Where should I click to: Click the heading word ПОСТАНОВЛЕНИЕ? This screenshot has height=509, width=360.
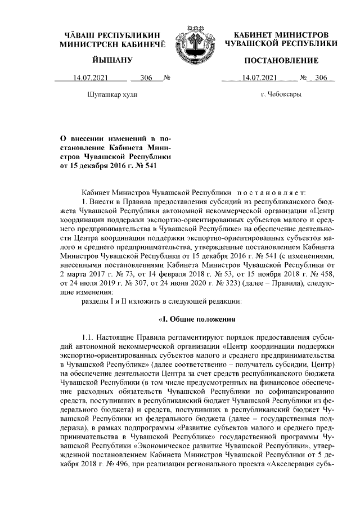[281, 60]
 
